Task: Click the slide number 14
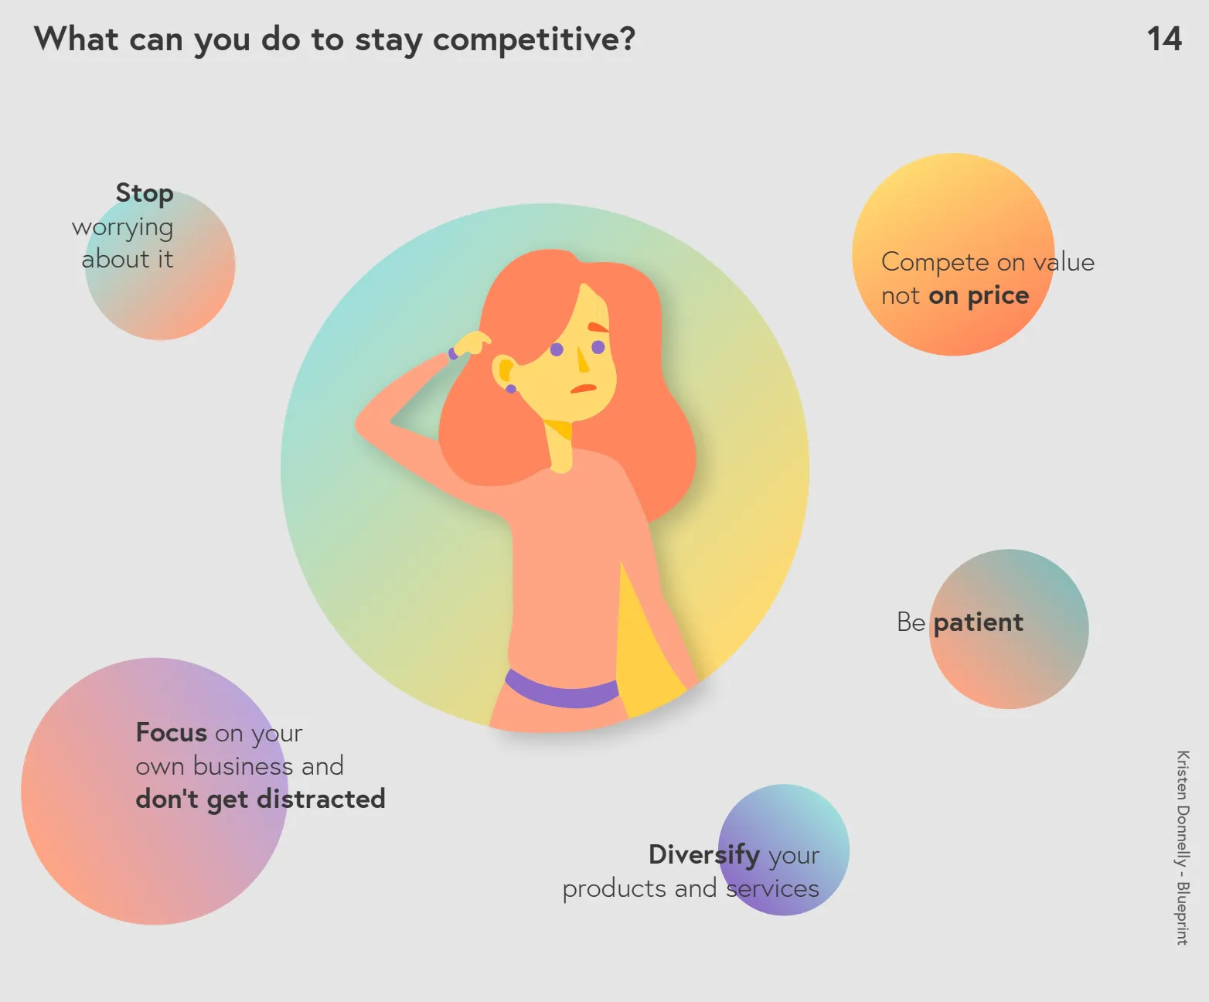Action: (1164, 39)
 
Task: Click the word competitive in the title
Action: (533, 40)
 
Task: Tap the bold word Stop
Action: (145, 193)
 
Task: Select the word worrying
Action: (122, 228)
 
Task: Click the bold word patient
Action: (978, 623)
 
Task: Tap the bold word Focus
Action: (171, 733)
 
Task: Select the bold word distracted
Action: (321, 799)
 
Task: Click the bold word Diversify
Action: (704, 856)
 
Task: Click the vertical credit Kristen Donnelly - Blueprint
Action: (1183, 847)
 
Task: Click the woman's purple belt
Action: (562, 691)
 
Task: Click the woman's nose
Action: (583, 359)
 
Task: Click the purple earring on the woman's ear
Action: (511, 389)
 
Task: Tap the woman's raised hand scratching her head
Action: (472, 344)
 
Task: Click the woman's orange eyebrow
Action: (599, 328)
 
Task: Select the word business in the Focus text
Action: (244, 766)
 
